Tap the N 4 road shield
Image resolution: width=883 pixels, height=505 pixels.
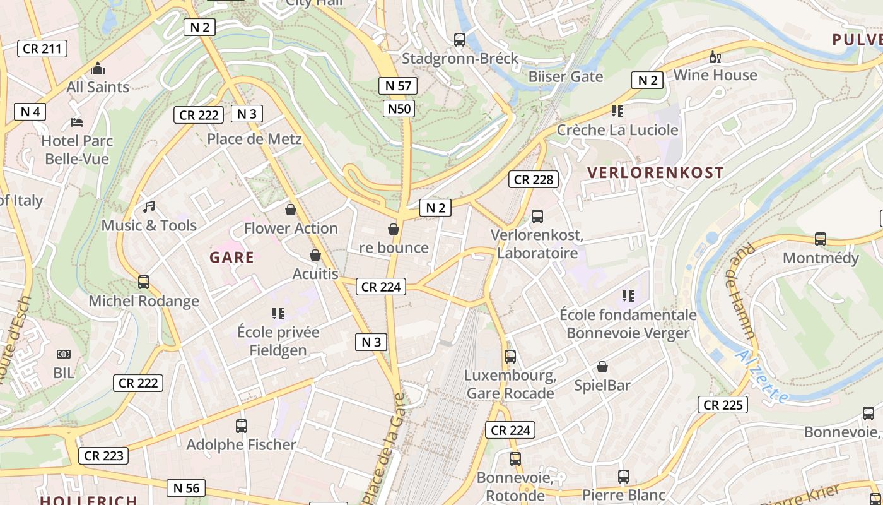click(x=30, y=112)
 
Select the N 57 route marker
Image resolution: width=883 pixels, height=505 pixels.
click(x=398, y=86)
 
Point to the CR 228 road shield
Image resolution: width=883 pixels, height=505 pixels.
click(x=534, y=179)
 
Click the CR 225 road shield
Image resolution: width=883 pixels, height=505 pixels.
click(x=723, y=405)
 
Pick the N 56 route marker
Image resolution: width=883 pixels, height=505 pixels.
click(x=186, y=487)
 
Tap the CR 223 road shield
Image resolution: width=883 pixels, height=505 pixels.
click(x=104, y=455)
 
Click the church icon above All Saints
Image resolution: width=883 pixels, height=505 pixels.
click(x=98, y=68)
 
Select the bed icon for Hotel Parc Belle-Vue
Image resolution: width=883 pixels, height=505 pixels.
click(x=77, y=122)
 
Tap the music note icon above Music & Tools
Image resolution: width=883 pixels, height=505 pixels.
click(x=149, y=207)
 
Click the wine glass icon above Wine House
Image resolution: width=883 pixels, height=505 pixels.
click(x=715, y=57)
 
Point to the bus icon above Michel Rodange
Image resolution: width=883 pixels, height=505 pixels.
click(x=144, y=282)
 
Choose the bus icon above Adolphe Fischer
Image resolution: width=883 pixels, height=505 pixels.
click(x=242, y=426)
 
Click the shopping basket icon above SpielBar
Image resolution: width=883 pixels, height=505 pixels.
click(x=602, y=367)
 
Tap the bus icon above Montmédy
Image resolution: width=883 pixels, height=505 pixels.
click(x=821, y=239)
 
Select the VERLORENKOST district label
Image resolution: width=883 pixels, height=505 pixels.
click(x=655, y=172)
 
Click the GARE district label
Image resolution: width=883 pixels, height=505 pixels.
click(x=231, y=258)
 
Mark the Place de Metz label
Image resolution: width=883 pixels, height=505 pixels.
click(x=254, y=139)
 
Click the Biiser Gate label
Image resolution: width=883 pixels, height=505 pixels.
click(x=566, y=77)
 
